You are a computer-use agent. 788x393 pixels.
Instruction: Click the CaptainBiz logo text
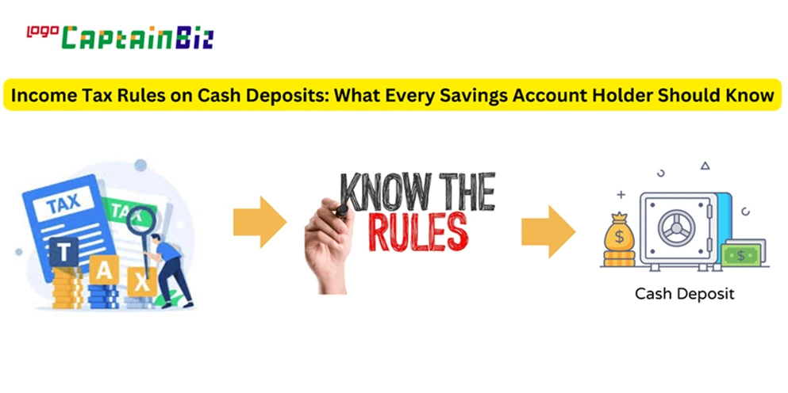pyautogui.click(x=138, y=39)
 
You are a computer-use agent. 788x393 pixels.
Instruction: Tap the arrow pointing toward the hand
pyautogui.click(x=259, y=223)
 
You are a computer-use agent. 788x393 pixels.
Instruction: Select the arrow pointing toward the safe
pyautogui.click(x=548, y=231)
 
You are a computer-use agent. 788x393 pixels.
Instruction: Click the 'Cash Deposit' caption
pyautogui.click(x=685, y=294)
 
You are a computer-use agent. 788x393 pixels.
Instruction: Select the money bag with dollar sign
pyautogui.click(x=619, y=233)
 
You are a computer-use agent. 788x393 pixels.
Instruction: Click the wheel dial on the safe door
pyautogui.click(x=676, y=228)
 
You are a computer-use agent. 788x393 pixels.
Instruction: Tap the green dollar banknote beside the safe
pyautogui.click(x=740, y=255)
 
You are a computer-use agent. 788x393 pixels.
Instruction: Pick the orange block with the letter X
pyautogui.click(x=142, y=282)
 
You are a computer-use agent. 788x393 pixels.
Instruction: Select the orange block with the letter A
pyautogui.click(x=104, y=270)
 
